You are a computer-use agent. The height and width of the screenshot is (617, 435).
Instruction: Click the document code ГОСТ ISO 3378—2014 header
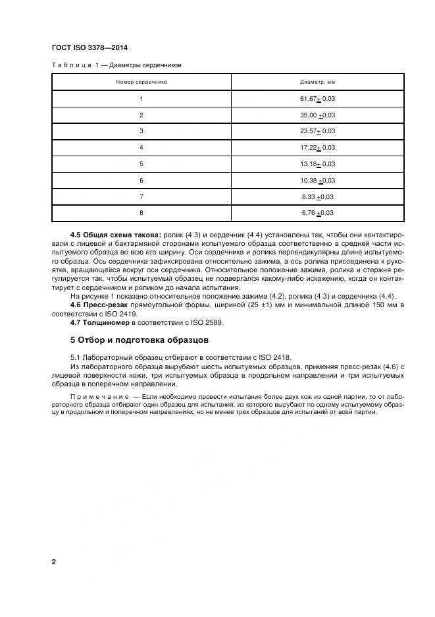pyautogui.click(x=89, y=48)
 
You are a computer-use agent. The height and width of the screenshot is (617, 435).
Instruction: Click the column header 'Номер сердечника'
pyautogui.click(x=141, y=82)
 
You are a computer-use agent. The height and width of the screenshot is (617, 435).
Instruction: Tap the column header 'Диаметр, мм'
pyautogui.click(x=318, y=82)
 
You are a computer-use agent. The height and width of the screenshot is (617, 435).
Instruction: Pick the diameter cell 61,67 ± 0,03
pyautogui.click(x=318, y=99)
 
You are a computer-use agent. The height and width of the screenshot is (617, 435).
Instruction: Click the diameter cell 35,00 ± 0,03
pyautogui.click(x=318, y=115)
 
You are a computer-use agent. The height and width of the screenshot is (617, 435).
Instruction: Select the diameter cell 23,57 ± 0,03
pyautogui.click(x=318, y=131)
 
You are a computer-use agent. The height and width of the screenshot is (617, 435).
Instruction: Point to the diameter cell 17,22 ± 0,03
pyautogui.click(x=318, y=148)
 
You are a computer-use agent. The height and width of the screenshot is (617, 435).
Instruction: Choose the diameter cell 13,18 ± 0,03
pyautogui.click(x=318, y=164)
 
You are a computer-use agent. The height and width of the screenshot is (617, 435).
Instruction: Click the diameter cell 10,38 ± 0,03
pyautogui.click(x=318, y=180)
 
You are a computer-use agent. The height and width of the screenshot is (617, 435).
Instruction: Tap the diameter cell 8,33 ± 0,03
pyautogui.click(x=318, y=196)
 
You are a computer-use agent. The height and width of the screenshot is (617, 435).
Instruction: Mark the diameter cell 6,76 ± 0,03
pyautogui.click(x=318, y=213)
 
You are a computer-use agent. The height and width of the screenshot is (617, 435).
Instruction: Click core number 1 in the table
pyautogui.click(x=141, y=99)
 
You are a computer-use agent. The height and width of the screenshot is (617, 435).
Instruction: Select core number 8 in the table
pyautogui.click(x=141, y=213)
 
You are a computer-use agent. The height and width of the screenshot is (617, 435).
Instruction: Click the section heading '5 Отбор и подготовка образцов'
pyautogui.click(x=139, y=341)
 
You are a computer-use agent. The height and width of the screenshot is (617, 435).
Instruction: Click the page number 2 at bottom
pyautogui.click(x=54, y=562)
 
